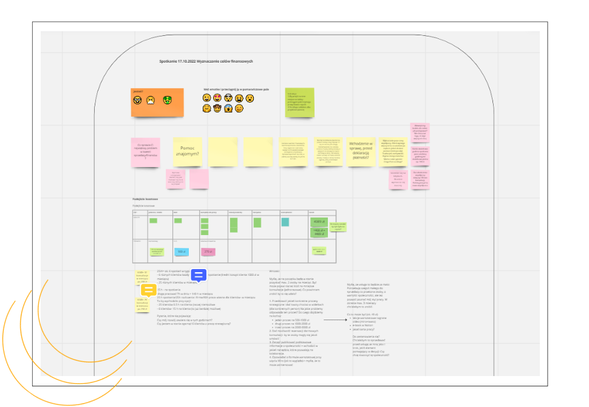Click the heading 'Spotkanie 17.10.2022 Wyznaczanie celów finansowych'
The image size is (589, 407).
206,61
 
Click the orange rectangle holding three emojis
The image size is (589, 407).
157,103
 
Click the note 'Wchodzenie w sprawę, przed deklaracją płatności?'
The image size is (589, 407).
361,151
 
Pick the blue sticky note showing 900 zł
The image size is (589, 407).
182,251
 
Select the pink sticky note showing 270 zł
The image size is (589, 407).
208,251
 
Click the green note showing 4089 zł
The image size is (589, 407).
319,222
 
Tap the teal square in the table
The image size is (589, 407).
285,222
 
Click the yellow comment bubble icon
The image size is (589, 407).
148,290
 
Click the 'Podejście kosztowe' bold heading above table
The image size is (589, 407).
145,199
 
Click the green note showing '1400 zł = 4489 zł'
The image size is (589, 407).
319,233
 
